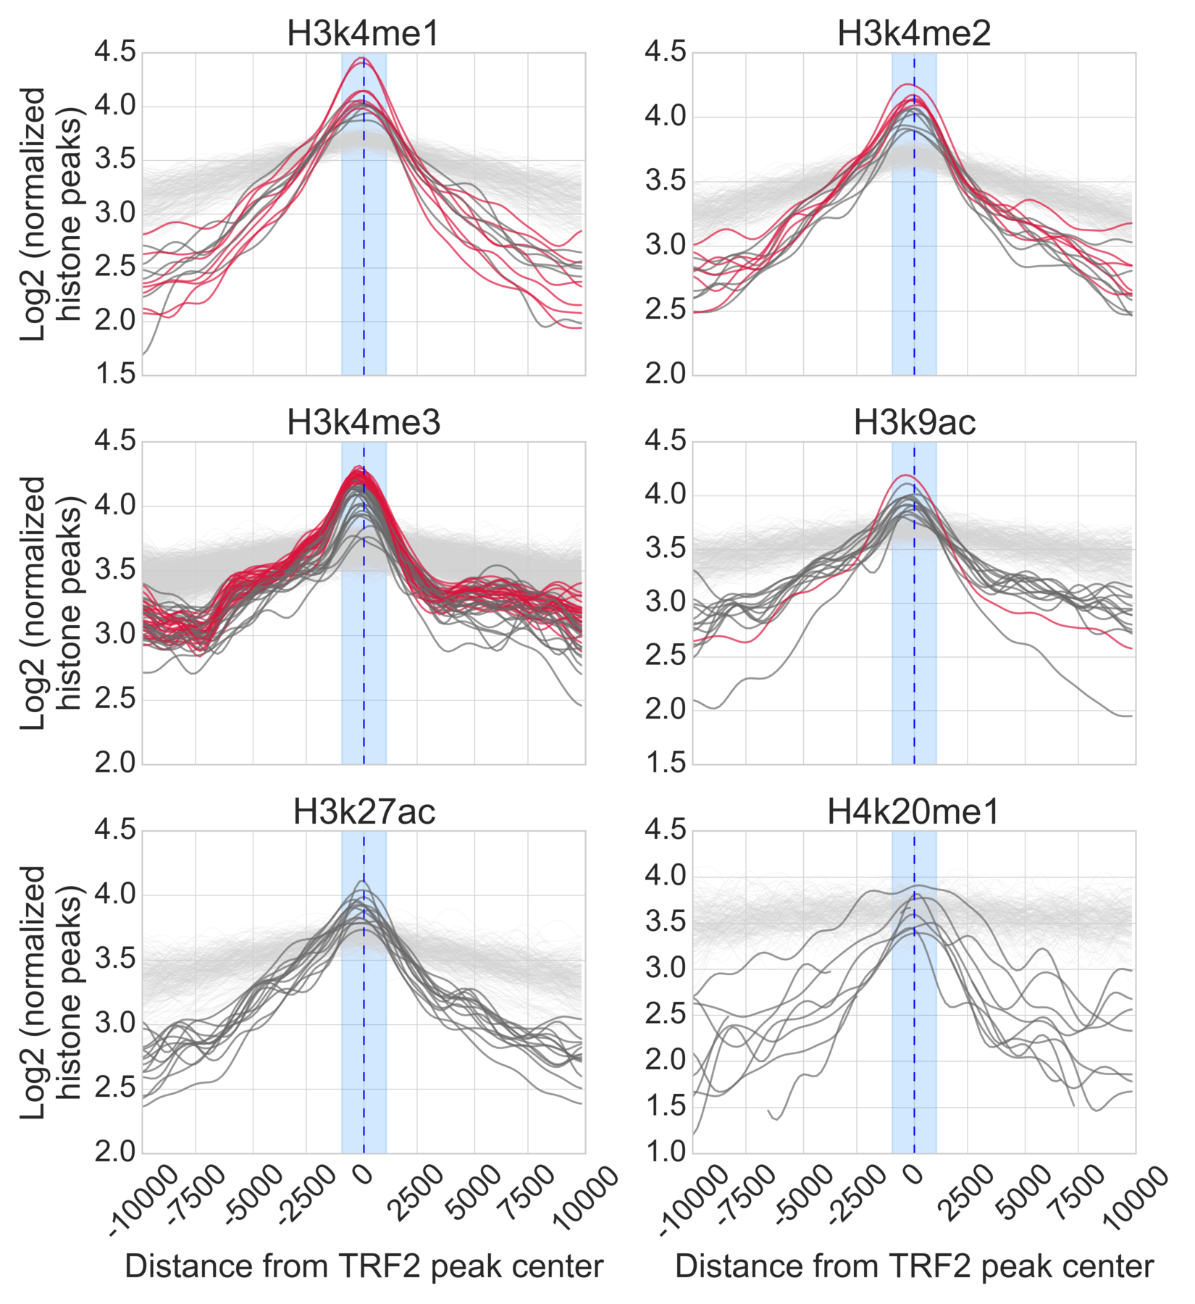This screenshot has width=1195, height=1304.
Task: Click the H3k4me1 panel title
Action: pos(363,33)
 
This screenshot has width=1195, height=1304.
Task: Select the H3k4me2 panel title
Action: pos(914,33)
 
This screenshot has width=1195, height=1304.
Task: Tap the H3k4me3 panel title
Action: pos(363,422)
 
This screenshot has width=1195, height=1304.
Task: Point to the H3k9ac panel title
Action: pos(914,422)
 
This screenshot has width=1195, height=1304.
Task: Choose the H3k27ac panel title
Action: pos(364,811)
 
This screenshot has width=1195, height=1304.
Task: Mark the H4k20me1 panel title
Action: pos(913,811)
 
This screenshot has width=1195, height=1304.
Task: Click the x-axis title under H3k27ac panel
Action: pos(364,1266)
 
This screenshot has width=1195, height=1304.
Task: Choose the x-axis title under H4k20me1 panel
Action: pos(914,1266)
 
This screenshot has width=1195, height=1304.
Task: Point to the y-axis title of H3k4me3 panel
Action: pos(51,603)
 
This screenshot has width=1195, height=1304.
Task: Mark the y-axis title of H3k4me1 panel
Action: pos(51,214)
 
